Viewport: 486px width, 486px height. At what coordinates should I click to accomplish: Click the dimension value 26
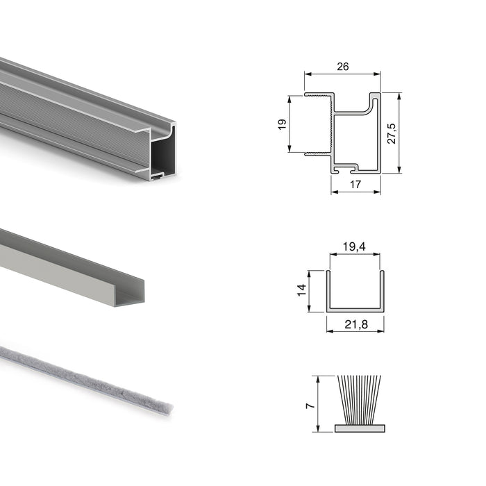coord(342,67)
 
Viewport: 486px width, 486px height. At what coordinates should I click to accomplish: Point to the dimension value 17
coord(355,184)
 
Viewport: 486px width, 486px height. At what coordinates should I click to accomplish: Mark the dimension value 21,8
coord(355,321)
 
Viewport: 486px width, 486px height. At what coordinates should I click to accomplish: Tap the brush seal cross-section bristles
coord(359,399)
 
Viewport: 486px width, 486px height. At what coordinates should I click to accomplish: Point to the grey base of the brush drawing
coord(359,428)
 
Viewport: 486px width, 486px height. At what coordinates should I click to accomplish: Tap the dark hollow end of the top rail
coord(164,153)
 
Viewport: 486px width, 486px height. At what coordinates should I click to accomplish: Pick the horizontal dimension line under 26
coord(343,74)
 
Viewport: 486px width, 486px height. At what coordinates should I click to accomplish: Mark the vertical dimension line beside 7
coord(317,403)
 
